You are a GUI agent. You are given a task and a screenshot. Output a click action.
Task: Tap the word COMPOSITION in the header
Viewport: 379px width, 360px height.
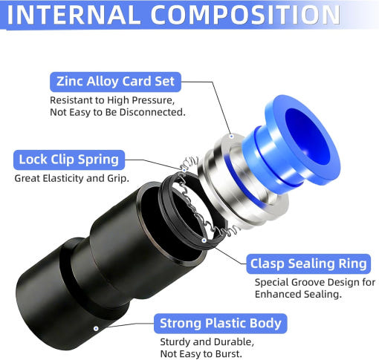point(245,15)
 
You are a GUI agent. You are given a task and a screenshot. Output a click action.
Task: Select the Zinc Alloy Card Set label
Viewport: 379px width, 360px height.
point(115,82)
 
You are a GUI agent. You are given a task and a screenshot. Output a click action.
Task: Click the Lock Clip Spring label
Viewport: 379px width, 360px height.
point(69,160)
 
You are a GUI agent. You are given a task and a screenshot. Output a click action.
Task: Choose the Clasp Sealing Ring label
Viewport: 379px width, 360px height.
point(308,264)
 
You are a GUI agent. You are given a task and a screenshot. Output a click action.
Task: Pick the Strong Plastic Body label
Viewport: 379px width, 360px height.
point(221,324)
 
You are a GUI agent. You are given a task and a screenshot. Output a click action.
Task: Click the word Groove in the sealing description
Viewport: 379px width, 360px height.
point(308,282)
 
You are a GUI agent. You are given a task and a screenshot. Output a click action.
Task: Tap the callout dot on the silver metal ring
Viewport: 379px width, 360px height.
point(232,136)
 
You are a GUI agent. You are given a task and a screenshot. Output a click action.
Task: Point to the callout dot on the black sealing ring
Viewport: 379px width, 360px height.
point(204,240)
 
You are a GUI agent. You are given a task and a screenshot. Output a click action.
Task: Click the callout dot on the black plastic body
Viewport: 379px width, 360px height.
point(96,329)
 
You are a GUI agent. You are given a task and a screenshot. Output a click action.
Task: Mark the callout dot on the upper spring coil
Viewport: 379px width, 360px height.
point(184,171)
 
